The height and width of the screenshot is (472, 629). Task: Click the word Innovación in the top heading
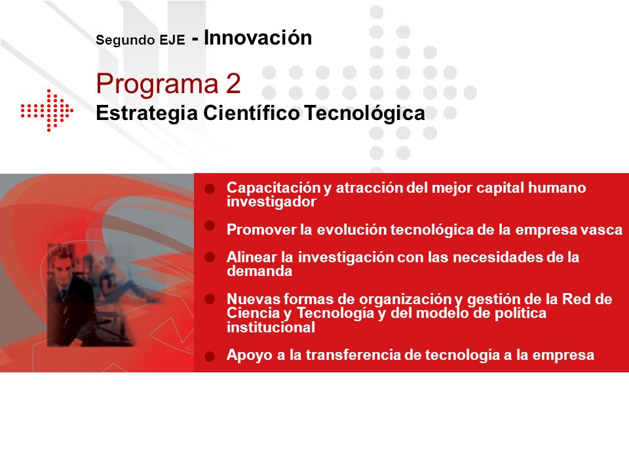pyautogui.click(x=258, y=38)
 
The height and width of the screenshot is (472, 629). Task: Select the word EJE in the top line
pyautogui.click(x=172, y=40)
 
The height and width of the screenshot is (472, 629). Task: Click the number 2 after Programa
pyautogui.click(x=233, y=83)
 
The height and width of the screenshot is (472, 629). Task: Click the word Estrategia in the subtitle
pyautogui.click(x=147, y=113)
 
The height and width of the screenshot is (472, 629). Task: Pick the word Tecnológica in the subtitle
pyautogui.click(x=364, y=113)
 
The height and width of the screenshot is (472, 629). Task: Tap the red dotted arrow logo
pyautogui.click(x=47, y=110)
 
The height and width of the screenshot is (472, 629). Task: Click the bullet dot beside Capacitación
pyautogui.click(x=210, y=189)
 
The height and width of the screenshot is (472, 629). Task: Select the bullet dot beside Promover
pyautogui.click(x=210, y=226)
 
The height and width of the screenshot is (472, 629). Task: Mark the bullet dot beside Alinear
pyautogui.click(x=210, y=257)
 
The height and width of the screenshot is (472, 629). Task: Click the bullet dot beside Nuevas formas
pyautogui.click(x=210, y=299)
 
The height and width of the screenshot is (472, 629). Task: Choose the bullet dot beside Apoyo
pyautogui.click(x=210, y=357)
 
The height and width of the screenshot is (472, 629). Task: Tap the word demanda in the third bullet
pyautogui.click(x=259, y=271)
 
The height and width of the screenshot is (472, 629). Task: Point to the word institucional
pyautogui.click(x=271, y=328)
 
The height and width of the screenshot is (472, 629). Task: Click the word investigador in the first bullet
pyautogui.click(x=271, y=202)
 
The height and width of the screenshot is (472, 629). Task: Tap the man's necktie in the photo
pyautogui.click(x=64, y=295)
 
